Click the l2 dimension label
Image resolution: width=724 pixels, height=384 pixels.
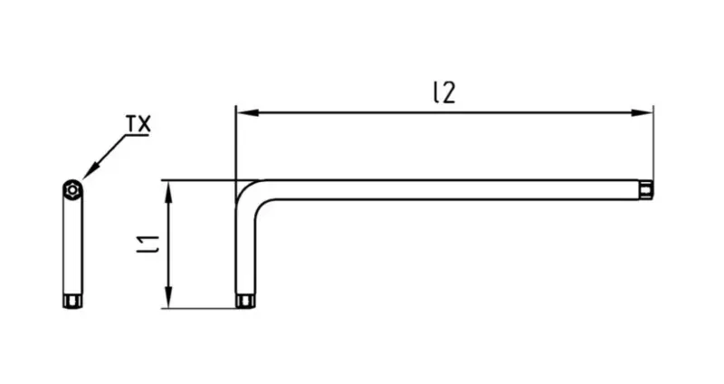point(444,93)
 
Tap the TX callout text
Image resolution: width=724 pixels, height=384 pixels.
point(138,124)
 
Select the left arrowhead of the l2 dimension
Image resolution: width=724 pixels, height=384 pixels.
point(247,112)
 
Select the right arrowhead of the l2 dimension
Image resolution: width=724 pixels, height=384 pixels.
point(642,112)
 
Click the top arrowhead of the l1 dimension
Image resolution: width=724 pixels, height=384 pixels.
point(168,191)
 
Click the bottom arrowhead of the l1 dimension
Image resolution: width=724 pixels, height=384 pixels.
point(168,297)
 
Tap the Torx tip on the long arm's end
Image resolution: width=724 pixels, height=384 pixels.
point(646,190)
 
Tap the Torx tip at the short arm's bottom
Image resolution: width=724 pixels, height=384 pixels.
point(245,301)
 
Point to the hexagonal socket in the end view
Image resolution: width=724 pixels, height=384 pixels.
point(72,189)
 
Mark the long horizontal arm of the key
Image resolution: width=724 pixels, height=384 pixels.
point(455,190)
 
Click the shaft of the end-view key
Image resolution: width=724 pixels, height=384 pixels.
point(72,245)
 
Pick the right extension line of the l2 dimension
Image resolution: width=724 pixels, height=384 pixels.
point(653,142)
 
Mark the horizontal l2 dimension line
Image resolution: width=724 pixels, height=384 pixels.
point(444,112)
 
